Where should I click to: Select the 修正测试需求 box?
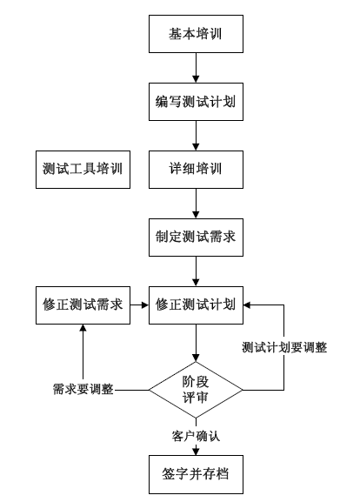tap(83, 305)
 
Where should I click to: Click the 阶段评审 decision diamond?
tap(196, 389)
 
